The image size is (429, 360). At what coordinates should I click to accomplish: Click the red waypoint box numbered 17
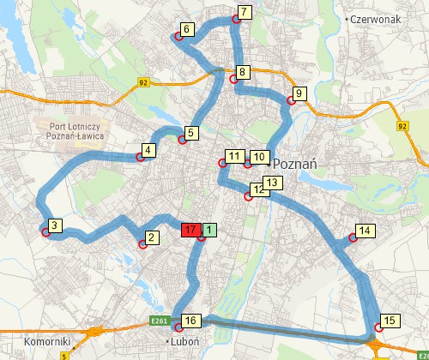click(190, 230)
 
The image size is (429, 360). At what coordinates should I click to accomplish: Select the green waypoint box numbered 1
click(210, 230)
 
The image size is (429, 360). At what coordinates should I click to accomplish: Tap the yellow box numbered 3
click(53, 226)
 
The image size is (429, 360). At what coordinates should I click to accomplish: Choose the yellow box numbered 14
click(364, 231)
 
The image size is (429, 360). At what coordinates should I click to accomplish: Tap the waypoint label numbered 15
click(390, 321)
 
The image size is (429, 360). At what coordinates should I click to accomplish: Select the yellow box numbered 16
click(190, 321)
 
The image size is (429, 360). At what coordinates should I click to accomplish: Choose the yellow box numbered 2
click(151, 237)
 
